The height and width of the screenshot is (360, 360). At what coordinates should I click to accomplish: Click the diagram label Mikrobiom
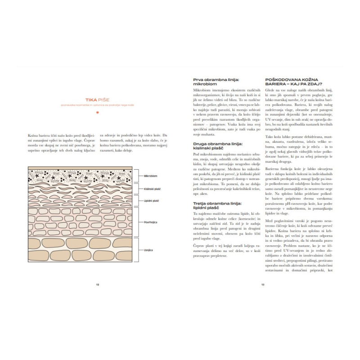click(x=150, y=176)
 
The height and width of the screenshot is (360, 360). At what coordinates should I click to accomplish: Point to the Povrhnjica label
click(x=150, y=222)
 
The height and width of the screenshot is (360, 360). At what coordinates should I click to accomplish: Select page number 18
click(x=98, y=284)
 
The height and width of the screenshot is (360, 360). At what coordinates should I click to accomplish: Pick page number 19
click(x=262, y=284)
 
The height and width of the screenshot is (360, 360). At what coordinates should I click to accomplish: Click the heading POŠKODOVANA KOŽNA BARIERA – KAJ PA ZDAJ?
click(x=293, y=81)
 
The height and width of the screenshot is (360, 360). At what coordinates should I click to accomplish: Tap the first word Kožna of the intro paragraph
click(x=32, y=135)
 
